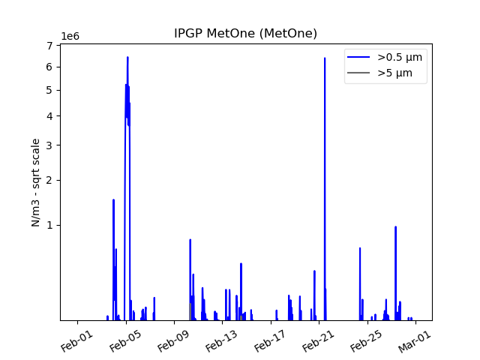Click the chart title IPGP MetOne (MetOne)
(245, 34)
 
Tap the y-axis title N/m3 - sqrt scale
(36, 182)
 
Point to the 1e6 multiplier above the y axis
(70, 37)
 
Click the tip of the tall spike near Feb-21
(325, 58)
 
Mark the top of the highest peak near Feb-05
(127, 57)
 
